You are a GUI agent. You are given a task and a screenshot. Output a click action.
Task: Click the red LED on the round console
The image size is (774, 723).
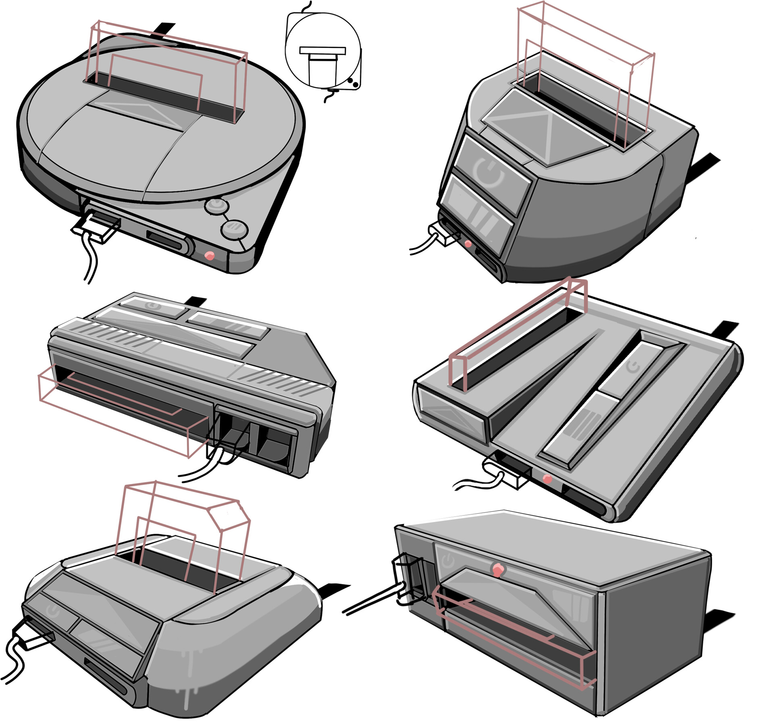pyautogui.click(x=210, y=256)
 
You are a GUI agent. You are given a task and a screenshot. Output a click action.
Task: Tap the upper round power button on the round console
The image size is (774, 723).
pyautogui.click(x=217, y=206)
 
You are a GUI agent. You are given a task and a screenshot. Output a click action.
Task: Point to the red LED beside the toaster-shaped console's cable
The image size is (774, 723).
pyautogui.click(x=468, y=243)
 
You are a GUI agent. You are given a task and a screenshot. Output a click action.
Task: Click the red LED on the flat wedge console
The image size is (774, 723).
pyautogui.click(x=547, y=479)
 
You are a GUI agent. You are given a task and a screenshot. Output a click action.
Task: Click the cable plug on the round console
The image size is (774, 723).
pyautogui.click(x=96, y=230)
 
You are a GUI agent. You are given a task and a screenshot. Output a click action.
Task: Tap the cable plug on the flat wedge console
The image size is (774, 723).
pyautogui.click(x=509, y=475)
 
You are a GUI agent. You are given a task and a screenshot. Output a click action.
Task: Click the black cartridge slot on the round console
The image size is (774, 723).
pyautogui.click(x=161, y=97)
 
